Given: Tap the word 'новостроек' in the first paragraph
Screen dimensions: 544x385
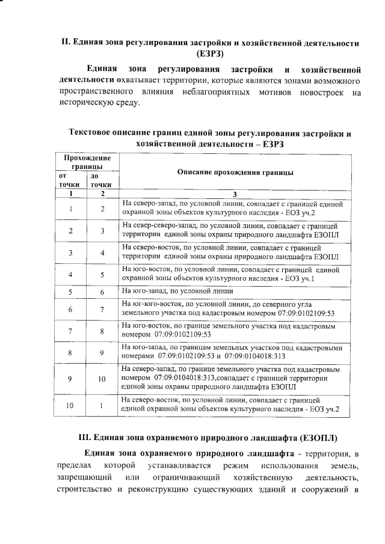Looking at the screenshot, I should click(324, 92).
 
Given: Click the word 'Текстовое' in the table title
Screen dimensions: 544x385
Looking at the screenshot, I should click(91, 133).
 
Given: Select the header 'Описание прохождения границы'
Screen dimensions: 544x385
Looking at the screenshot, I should click(236, 172).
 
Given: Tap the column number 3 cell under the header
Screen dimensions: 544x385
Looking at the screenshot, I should click(236, 194).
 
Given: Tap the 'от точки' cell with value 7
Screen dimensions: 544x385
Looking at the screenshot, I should click(71, 331).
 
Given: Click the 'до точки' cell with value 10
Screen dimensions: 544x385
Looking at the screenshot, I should click(102, 379).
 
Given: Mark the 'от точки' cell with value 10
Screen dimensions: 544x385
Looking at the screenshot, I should click(71, 406).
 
